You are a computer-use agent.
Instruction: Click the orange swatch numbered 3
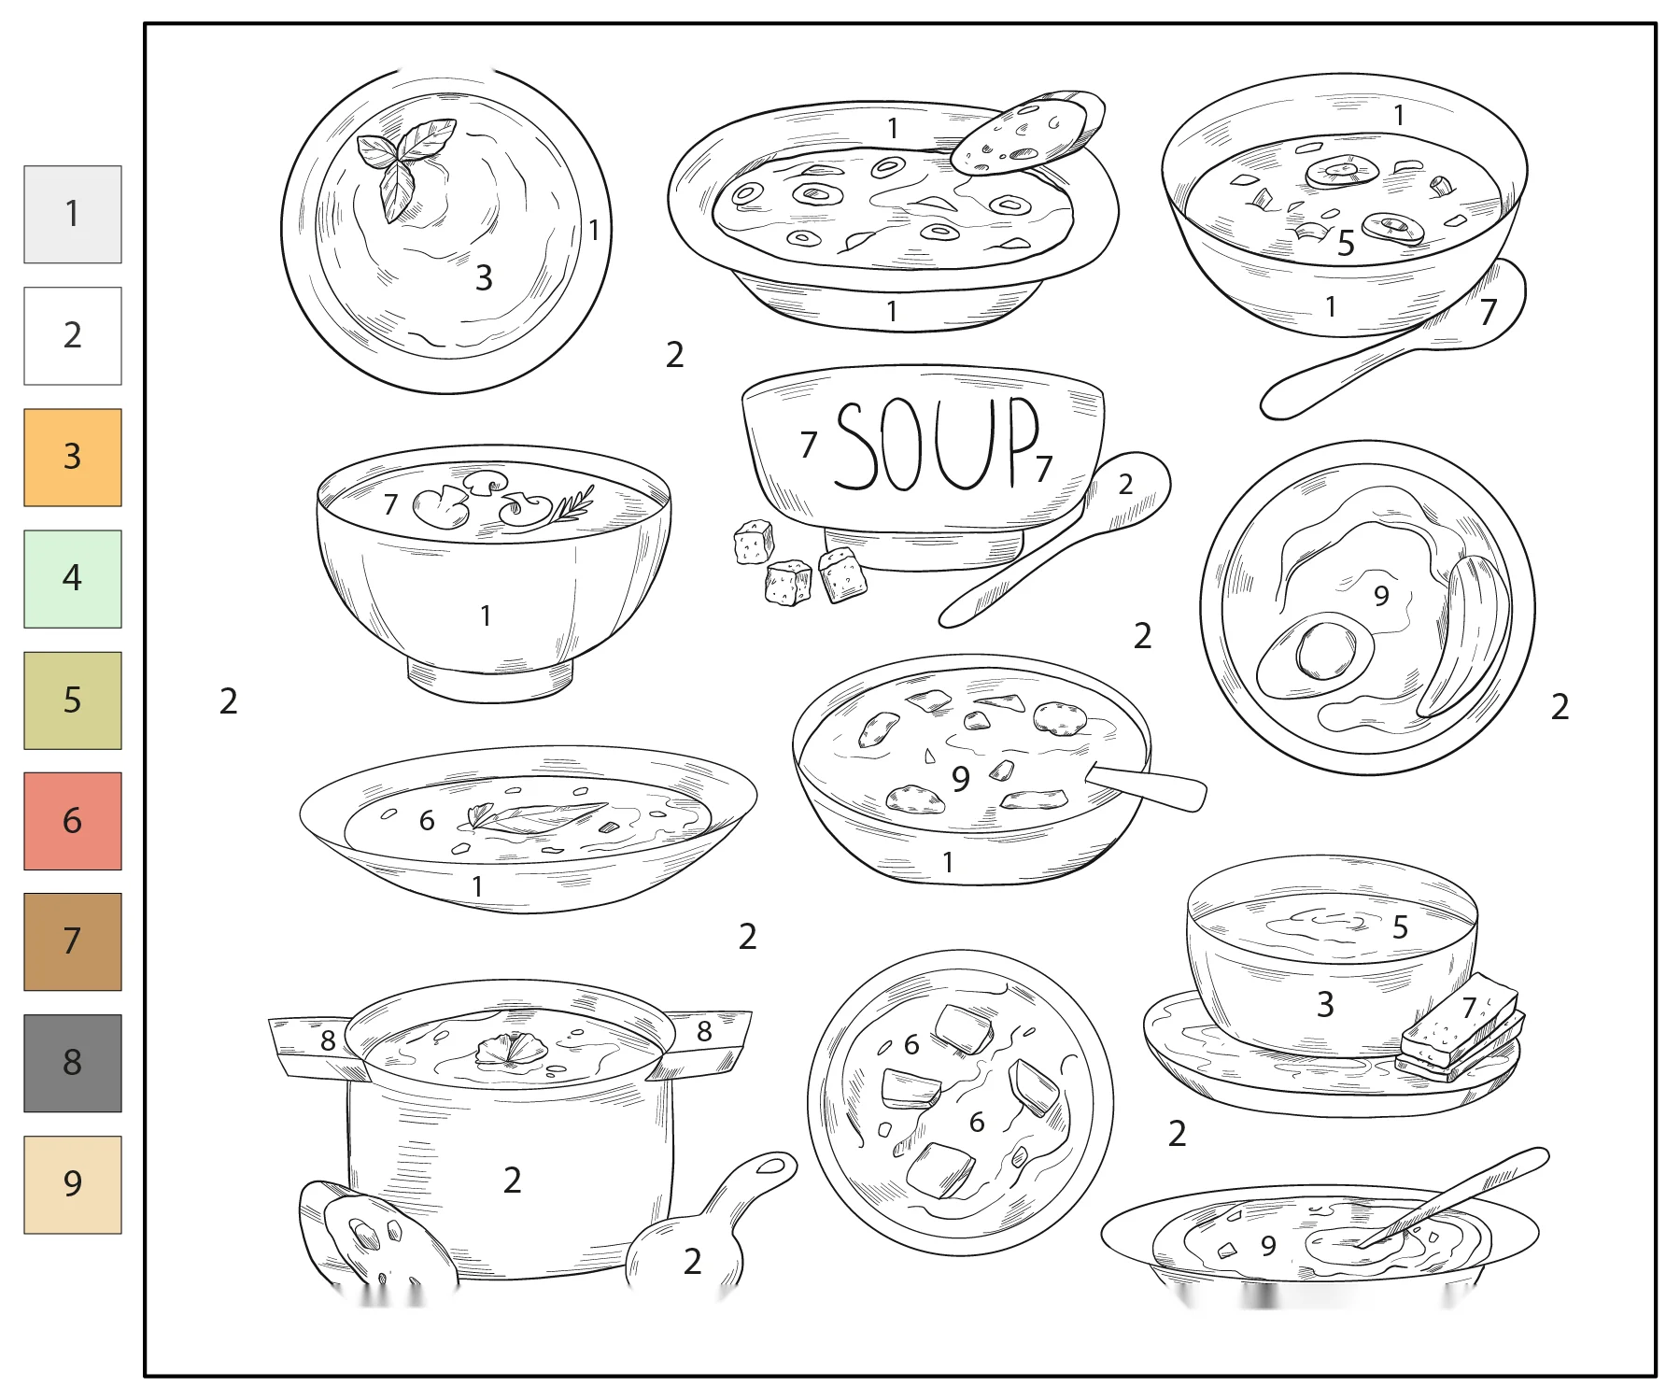click(73, 458)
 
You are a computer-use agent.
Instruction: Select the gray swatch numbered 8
click(73, 1063)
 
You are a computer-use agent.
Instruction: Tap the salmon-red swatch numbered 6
click(73, 821)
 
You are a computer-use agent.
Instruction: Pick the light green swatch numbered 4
click(73, 579)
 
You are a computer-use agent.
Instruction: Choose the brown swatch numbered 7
click(73, 941)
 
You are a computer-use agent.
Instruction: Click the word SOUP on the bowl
click(936, 444)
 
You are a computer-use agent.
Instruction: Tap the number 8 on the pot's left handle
click(328, 1040)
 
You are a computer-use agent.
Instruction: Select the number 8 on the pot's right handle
click(704, 1031)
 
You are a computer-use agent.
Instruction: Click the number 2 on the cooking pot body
click(512, 1181)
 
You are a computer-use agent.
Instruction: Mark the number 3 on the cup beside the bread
click(1325, 1005)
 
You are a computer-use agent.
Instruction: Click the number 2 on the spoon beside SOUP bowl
click(1125, 484)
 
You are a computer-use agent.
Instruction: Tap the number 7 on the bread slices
click(1469, 1008)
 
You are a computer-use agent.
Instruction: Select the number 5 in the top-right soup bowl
click(1346, 244)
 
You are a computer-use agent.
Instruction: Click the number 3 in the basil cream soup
click(484, 277)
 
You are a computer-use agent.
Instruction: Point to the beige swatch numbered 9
click(73, 1184)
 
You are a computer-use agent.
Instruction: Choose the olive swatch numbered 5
click(73, 700)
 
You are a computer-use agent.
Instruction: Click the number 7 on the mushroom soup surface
click(390, 504)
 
